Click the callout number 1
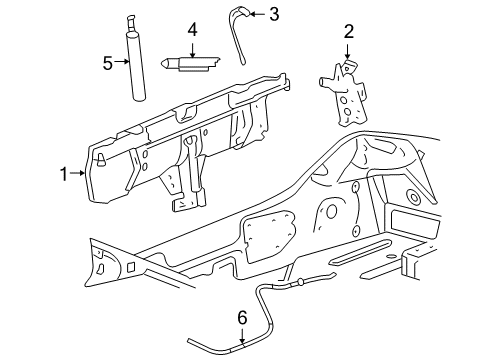point(64,173)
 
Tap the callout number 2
point(348,31)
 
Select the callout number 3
point(275,14)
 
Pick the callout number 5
point(108,63)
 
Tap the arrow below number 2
point(348,50)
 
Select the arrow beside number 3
point(258,14)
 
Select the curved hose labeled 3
point(240,40)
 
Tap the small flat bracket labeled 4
point(197,62)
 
